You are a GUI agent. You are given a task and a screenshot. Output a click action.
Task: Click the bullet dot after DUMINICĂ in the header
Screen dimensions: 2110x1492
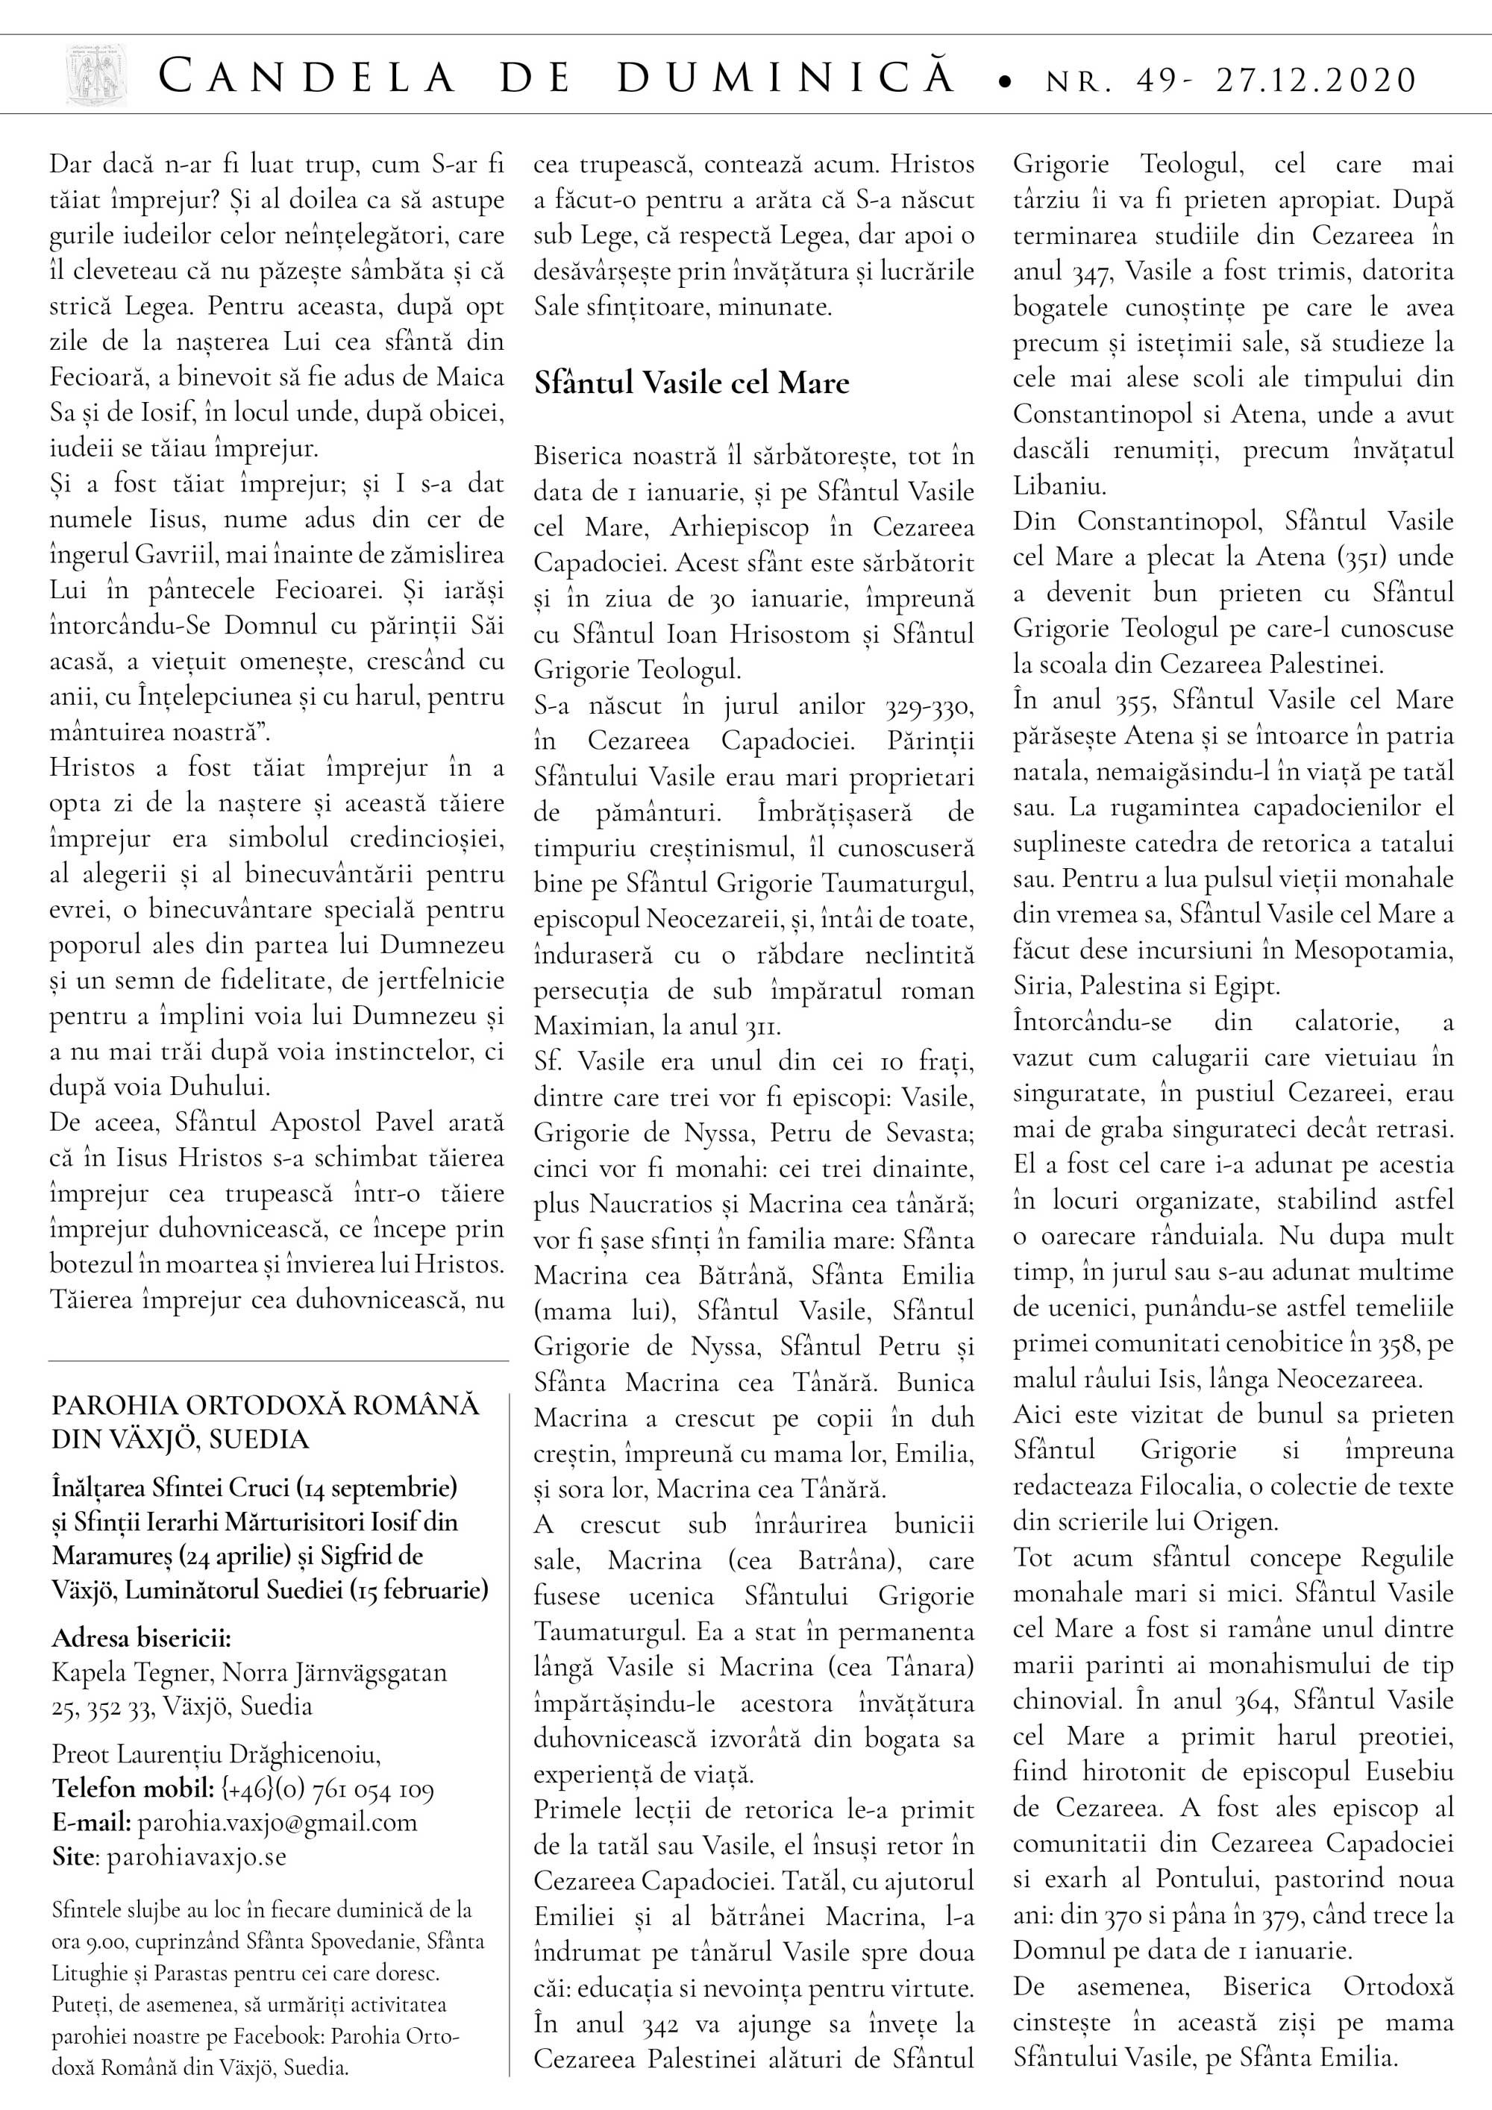point(1006,84)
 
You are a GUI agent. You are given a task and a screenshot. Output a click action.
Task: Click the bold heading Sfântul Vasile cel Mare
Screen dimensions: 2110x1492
point(692,383)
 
